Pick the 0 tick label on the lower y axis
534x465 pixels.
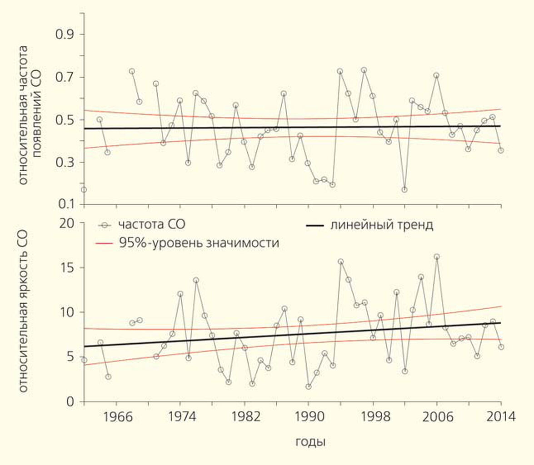[x=70, y=402]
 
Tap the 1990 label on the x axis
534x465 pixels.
[x=309, y=417]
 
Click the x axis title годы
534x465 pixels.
[x=310, y=441]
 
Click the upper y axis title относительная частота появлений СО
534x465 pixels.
[x=30, y=115]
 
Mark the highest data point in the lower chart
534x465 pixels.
[x=437, y=257]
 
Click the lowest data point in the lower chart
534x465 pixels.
[x=309, y=386]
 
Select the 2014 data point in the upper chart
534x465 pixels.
[x=501, y=150]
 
